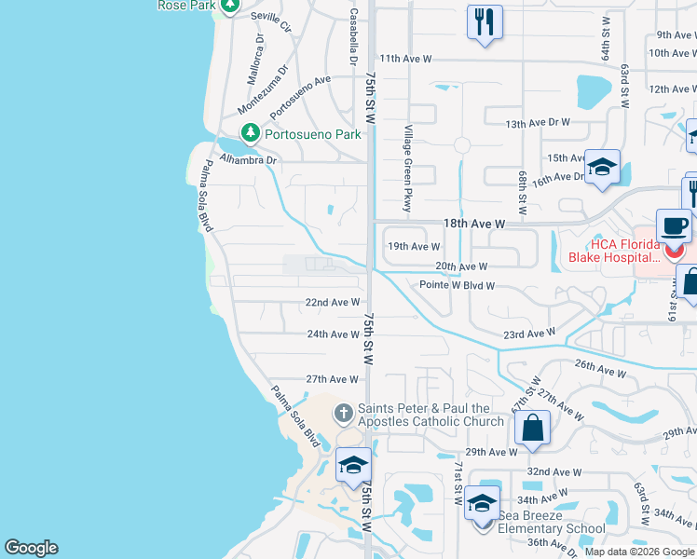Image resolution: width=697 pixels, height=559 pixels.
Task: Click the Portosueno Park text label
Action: coord(312,134)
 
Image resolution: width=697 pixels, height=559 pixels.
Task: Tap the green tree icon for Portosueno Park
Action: coord(250,134)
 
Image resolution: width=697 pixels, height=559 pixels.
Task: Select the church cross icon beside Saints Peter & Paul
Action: coord(343,412)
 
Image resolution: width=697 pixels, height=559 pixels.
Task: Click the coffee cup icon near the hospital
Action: coord(673,225)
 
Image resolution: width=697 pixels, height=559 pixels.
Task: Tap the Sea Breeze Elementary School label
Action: coord(552,522)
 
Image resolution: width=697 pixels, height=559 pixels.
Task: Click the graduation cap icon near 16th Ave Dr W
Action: coord(602,167)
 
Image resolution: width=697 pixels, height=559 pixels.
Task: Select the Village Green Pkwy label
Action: coord(407,168)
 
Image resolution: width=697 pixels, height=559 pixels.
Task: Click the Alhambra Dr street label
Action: coord(249,159)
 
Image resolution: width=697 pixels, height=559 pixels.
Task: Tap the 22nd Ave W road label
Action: coord(333,303)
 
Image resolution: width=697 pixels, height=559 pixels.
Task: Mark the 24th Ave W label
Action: coord(333,334)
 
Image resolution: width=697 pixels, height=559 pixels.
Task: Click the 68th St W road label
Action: coord(523,190)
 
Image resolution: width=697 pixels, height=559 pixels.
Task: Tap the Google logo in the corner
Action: coord(31,548)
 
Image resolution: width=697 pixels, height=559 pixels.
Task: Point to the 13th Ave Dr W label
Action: coord(537,123)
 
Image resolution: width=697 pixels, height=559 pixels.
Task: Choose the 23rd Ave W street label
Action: coord(528,334)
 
